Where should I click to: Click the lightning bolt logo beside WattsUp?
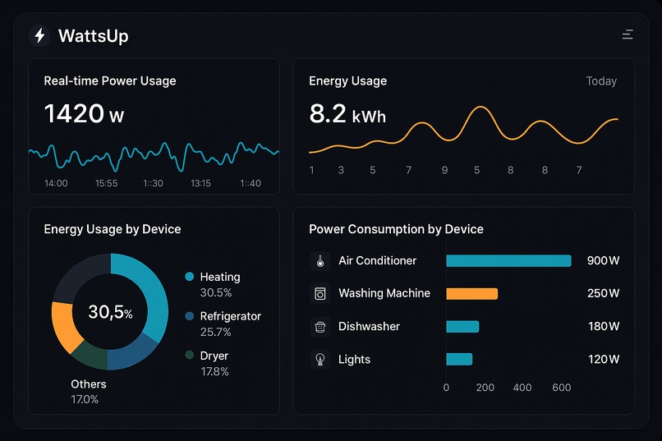coord(39,36)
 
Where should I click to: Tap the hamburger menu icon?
coord(628,34)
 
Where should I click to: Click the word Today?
coord(601,81)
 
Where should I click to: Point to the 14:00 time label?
coord(56,183)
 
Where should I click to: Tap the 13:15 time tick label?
coord(201,183)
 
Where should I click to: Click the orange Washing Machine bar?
coord(472,293)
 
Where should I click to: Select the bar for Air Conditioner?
coord(508,260)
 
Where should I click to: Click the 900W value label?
coord(603,260)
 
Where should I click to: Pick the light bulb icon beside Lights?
coord(320,359)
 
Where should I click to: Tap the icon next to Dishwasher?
coord(320,327)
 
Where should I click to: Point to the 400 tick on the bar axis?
coord(522,387)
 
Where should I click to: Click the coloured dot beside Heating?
coord(190,277)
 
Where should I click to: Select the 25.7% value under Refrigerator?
coord(215,332)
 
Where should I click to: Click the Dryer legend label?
coord(214,356)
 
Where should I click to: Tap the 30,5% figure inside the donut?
coord(110,312)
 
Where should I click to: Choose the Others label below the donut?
coord(89,384)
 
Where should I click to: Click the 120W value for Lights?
coord(603,359)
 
